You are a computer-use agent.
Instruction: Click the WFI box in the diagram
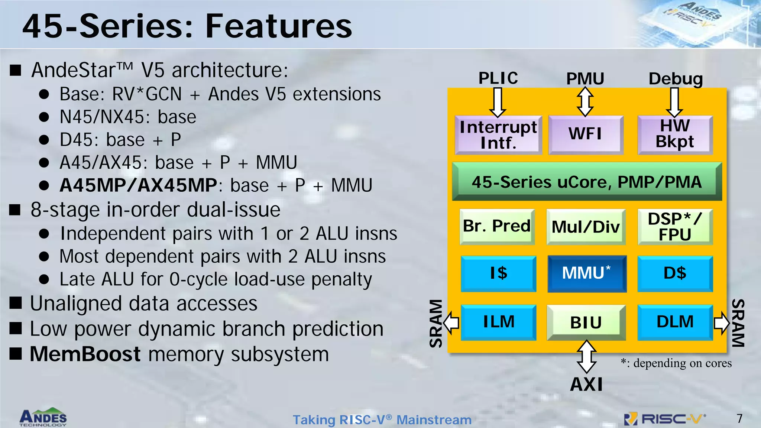[586, 134]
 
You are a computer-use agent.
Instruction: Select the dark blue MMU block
[587, 273]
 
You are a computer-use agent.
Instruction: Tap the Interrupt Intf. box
[498, 135]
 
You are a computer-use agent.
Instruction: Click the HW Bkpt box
[675, 134]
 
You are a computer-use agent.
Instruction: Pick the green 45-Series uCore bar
[587, 182]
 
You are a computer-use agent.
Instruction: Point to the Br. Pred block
[497, 226]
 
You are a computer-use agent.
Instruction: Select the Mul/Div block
[586, 227]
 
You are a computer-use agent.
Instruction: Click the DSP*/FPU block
[675, 227]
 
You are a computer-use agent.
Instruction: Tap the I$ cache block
[498, 273]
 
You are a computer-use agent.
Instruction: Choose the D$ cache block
[675, 273]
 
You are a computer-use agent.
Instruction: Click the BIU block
[586, 322]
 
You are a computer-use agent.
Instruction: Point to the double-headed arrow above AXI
[586, 356]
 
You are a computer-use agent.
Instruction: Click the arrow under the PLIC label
[498, 102]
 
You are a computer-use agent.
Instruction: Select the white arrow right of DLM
[722, 322]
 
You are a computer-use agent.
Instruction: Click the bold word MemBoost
[85, 354]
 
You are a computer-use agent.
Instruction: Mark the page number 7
[739, 419]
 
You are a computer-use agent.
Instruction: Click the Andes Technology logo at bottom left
[43, 417]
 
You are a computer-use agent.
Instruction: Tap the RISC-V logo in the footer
[665, 419]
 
